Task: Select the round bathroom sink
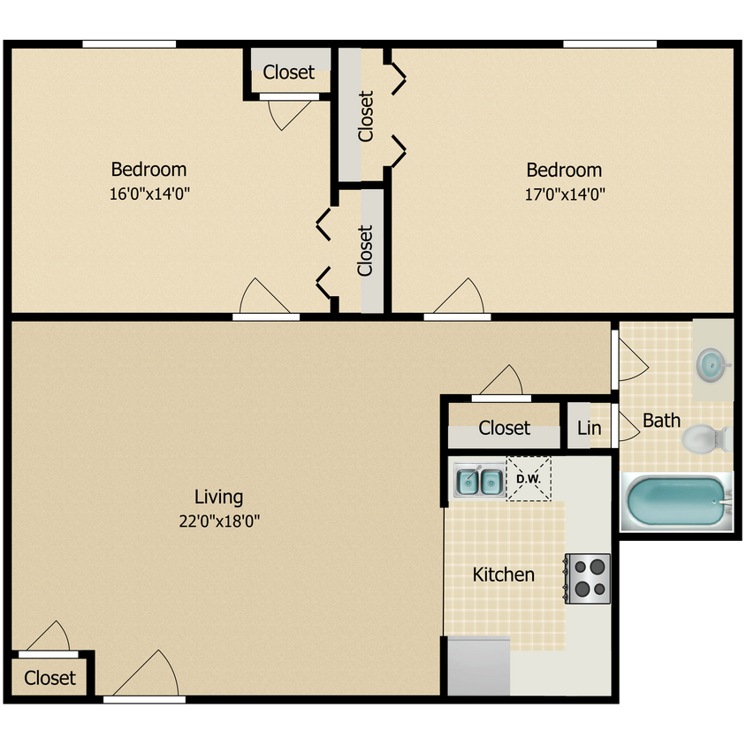coord(711,363)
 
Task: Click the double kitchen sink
coord(479,482)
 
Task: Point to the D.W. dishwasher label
coord(529,479)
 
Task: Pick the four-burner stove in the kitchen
coord(588,578)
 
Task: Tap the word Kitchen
coord(503,575)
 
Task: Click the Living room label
coord(219,497)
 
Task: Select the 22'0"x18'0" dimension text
coord(219,521)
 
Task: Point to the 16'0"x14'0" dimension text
coord(149,194)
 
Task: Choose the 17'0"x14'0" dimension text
coord(564,194)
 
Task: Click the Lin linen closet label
coord(589,429)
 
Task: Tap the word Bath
coord(661,420)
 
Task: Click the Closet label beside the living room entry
coord(50,678)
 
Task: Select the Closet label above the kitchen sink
coord(504,428)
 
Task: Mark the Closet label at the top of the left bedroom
coord(289,72)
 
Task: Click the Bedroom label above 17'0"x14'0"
coord(564,170)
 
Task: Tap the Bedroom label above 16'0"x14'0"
coord(148,169)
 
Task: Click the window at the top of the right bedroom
coord(610,44)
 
